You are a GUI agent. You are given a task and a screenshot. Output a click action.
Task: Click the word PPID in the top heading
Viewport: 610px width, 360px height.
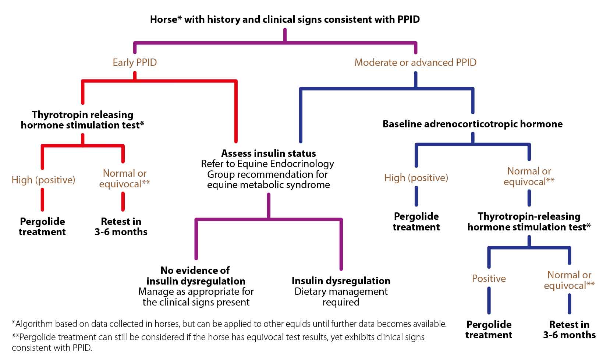click(408, 20)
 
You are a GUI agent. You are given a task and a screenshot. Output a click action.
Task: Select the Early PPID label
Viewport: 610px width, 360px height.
click(135, 63)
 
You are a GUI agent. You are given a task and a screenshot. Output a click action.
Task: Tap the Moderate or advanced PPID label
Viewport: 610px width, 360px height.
click(415, 63)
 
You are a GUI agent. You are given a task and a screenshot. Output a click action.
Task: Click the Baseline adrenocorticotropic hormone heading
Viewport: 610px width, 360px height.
click(472, 124)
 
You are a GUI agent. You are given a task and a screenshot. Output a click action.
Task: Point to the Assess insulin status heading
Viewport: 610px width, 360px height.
click(269, 153)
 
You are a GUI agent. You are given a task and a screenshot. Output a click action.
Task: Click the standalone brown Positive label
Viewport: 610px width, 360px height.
click(489, 279)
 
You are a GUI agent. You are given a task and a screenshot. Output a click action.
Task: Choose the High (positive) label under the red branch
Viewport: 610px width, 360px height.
click(43, 180)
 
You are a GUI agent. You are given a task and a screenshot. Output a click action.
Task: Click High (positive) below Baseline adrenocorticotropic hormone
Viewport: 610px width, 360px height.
click(416, 178)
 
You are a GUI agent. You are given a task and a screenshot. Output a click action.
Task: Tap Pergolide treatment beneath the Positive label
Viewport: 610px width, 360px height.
click(489, 329)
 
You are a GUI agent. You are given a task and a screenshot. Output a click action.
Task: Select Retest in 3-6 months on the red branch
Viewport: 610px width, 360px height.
click(121, 226)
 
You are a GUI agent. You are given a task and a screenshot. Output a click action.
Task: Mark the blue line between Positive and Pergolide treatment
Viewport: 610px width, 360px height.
click(489, 301)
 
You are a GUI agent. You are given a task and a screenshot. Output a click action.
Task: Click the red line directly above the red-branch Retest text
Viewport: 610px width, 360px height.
click(123, 202)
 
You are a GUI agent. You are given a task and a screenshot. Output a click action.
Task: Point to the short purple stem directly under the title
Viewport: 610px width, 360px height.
click(285, 35)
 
